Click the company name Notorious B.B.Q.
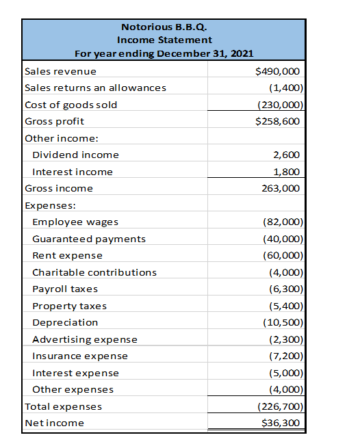pos(164,27)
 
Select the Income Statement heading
pos(164,40)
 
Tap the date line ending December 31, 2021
pos(164,53)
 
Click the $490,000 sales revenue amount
pos(277,71)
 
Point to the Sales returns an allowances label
pos(95,88)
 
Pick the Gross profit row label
pos(55,121)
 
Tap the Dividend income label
pos(75,155)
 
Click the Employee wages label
pos(75,222)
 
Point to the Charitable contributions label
pos(94,272)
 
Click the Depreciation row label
pos(65,322)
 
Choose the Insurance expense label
pos(80,356)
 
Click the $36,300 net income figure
pos(281,423)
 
